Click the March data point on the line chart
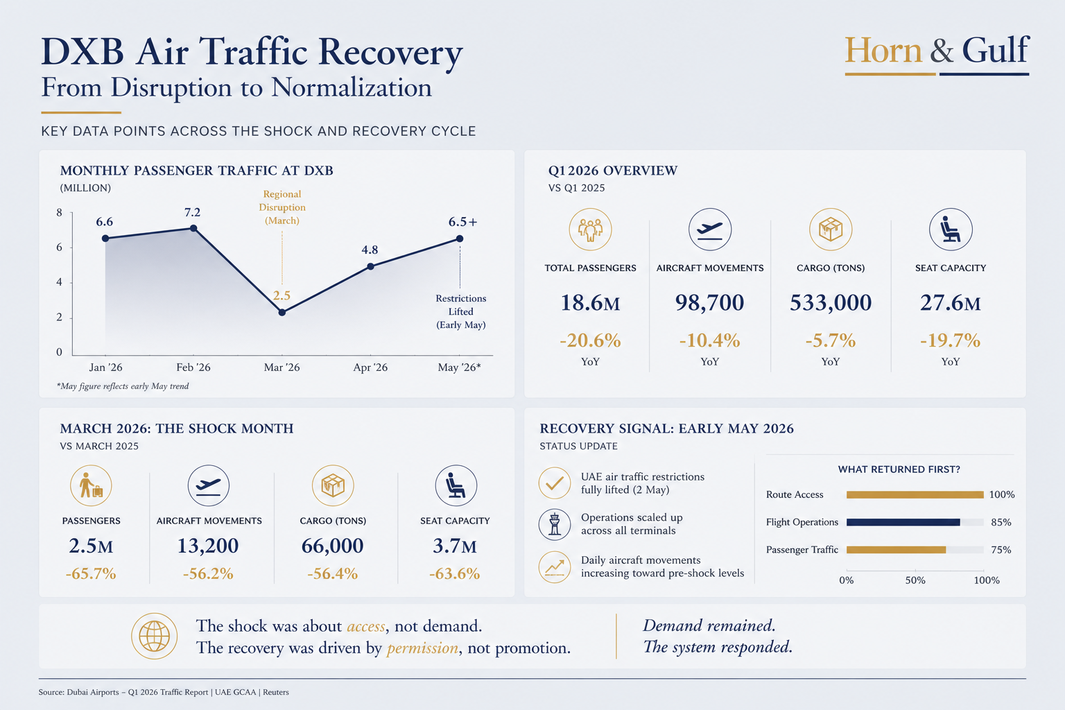[x=282, y=313]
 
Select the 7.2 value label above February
[x=193, y=212]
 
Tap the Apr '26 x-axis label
[x=370, y=367]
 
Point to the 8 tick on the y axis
[x=60, y=213]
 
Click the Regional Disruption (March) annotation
[x=282, y=207]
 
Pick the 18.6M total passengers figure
[x=590, y=302]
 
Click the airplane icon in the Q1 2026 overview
[x=710, y=230]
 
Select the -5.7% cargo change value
[x=830, y=340]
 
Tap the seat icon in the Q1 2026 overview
[x=951, y=230]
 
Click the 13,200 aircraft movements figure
[x=208, y=546]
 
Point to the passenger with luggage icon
[x=91, y=485]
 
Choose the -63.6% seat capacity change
[x=455, y=574]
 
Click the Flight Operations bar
[x=903, y=522]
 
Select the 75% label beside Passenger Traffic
[x=1001, y=550]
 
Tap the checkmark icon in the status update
[x=555, y=483]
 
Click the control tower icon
[x=555, y=525]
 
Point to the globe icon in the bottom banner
[x=154, y=637]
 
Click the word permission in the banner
[x=422, y=648]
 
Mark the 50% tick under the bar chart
[x=915, y=580]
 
